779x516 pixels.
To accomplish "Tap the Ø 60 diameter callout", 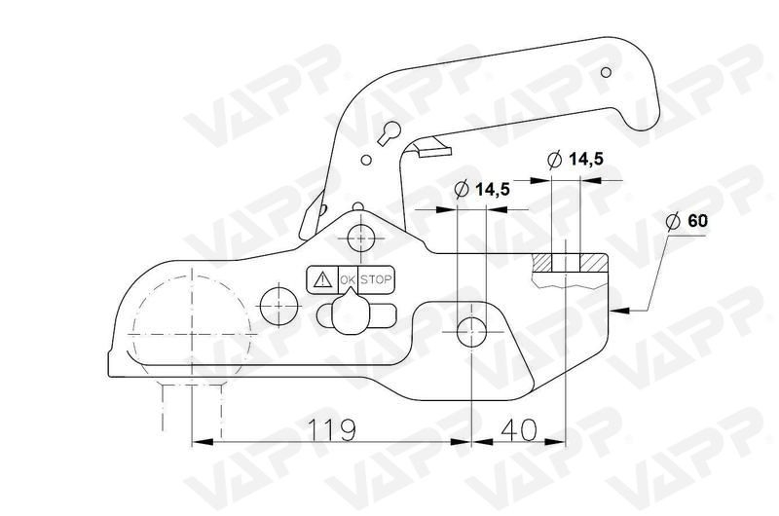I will click(x=687, y=221).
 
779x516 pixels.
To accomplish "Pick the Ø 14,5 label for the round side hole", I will click(x=483, y=190).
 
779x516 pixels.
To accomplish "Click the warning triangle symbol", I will click(x=321, y=280).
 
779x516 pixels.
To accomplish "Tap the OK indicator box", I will click(x=349, y=280).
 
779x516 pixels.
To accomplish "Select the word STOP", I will click(x=377, y=280).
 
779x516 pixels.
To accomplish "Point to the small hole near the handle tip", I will click(x=607, y=72).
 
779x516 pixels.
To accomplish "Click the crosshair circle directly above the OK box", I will click(x=361, y=237).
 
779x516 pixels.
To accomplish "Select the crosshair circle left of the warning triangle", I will click(x=278, y=302).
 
